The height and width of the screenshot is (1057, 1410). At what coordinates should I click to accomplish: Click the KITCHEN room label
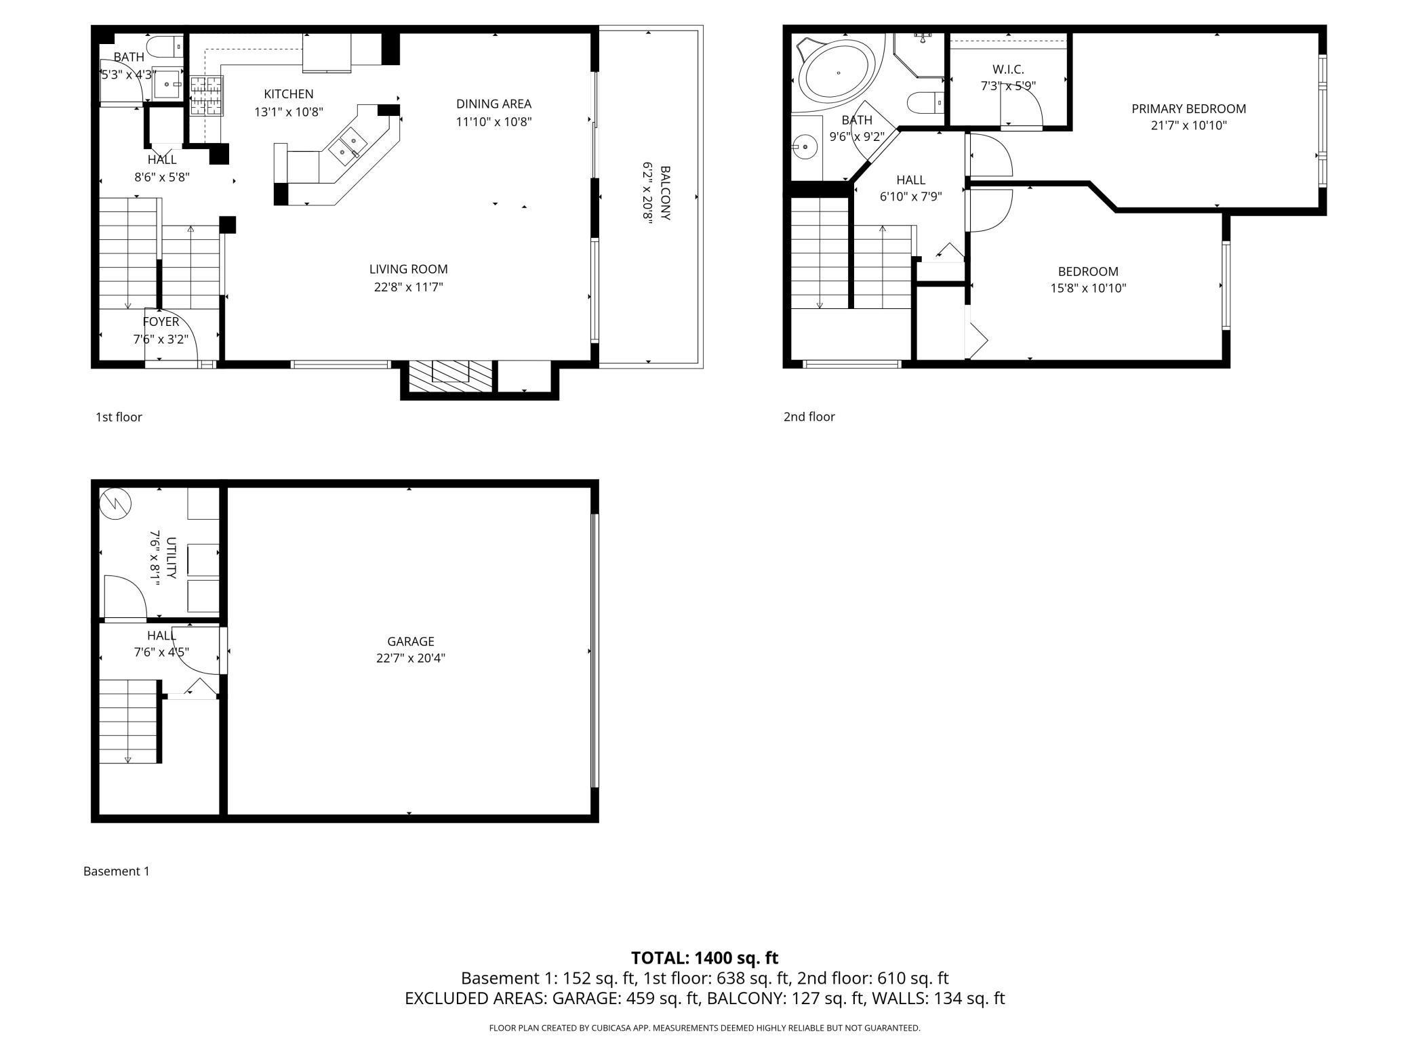coord(289,94)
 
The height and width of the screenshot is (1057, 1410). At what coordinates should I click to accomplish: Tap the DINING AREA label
coord(493,104)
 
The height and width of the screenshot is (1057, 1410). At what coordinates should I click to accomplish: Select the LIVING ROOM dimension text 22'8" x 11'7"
coord(409,287)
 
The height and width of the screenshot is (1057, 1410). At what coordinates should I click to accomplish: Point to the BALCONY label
coord(665,193)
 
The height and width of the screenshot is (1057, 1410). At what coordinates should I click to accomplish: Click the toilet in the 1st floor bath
coord(166,46)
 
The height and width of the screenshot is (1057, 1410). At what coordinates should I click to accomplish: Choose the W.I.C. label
coord(1008,69)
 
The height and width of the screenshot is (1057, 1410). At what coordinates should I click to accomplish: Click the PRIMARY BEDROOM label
coord(1188,108)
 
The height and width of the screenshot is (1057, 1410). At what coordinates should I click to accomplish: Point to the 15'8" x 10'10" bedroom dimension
coord(1088,289)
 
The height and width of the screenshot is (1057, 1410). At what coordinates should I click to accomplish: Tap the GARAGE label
coord(411,641)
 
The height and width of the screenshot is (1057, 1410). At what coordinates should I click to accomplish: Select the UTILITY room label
coord(171,558)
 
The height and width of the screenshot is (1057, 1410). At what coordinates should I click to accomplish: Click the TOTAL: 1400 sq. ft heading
coord(704,958)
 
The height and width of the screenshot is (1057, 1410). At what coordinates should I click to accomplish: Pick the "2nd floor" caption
coord(809,417)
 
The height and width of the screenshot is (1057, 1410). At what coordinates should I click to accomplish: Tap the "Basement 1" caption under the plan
coord(117,871)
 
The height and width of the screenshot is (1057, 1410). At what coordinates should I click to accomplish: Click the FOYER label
coord(161,322)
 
